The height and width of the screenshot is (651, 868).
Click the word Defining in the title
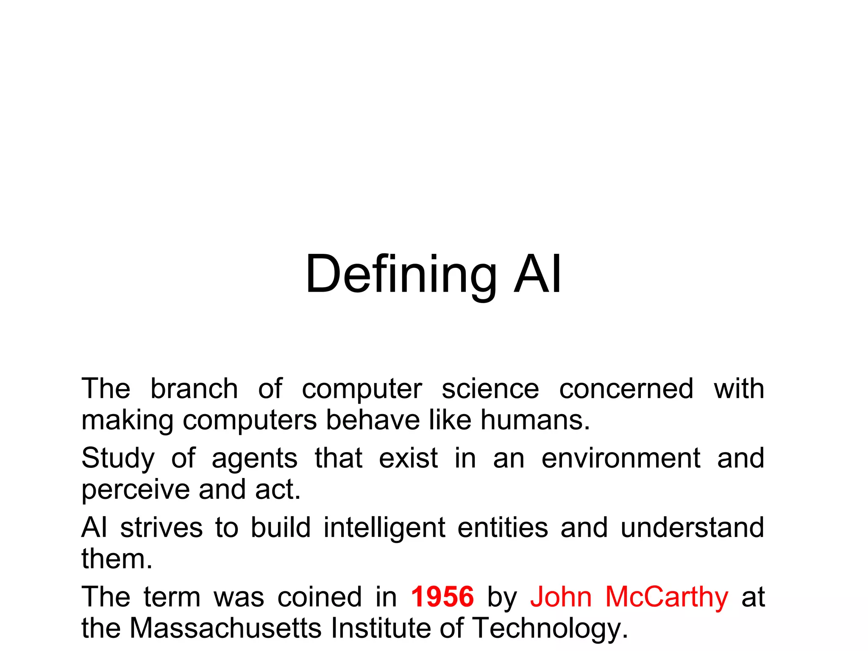click(x=401, y=274)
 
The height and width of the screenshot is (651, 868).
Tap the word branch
click(x=194, y=389)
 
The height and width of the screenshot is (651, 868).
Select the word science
click(x=490, y=389)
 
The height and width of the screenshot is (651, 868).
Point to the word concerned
click(x=626, y=389)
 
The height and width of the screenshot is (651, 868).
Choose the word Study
click(x=118, y=459)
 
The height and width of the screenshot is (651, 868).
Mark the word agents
click(x=255, y=459)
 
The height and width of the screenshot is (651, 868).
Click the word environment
click(x=621, y=458)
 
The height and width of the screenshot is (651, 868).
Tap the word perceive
click(x=136, y=490)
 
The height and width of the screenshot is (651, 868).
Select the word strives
click(x=161, y=528)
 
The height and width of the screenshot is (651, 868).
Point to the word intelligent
click(x=384, y=529)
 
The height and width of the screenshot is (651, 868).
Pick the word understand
click(x=692, y=528)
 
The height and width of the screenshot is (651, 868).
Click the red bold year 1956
click(x=442, y=597)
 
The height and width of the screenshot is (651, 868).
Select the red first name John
click(x=561, y=597)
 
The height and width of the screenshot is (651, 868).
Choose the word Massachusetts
click(x=225, y=628)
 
